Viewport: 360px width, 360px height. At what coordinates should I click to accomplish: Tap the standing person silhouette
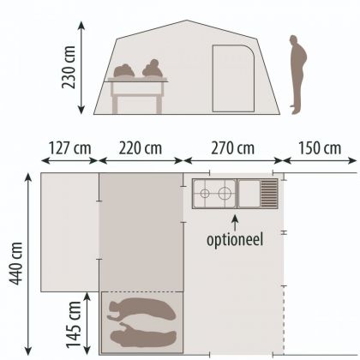(x=296, y=74)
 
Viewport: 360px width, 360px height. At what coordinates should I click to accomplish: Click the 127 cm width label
(x=69, y=147)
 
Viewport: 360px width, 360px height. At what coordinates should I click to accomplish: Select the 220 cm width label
(x=141, y=147)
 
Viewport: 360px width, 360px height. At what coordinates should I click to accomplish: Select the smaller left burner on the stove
(x=205, y=192)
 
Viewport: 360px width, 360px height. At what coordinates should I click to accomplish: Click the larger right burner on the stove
(x=225, y=192)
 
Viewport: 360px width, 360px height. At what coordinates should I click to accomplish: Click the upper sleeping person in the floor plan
(x=142, y=310)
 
